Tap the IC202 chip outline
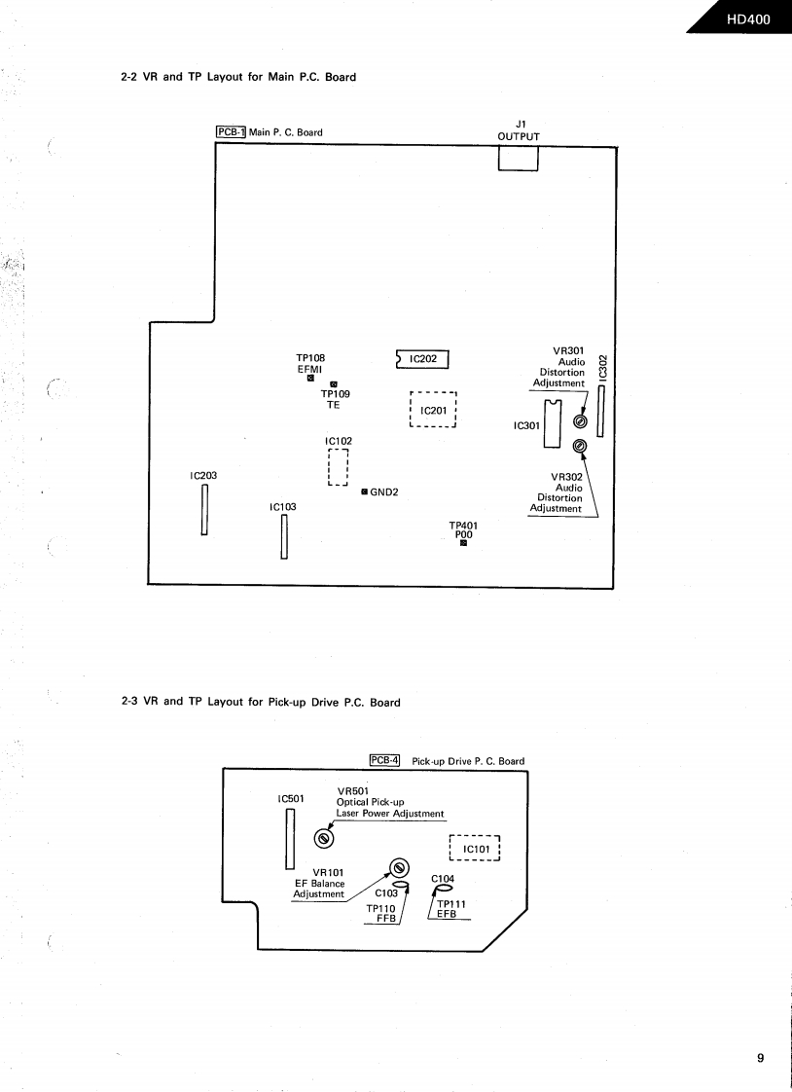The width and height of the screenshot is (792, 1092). (x=426, y=359)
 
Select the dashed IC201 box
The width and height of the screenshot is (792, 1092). (x=433, y=410)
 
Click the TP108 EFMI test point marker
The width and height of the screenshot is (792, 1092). (x=310, y=379)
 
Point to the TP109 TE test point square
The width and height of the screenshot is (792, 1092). (x=334, y=384)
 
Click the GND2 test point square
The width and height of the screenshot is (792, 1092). (x=364, y=491)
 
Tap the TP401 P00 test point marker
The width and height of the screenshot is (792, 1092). (x=464, y=543)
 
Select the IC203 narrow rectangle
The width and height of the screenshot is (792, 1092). (x=205, y=509)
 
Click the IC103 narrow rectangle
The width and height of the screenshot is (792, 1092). (x=284, y=536)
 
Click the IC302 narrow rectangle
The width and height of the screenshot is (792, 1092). (x=601, y=411)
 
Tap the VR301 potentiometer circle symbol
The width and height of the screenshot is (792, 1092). (x=580, y=422)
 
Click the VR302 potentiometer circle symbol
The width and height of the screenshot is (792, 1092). (x=580, y=446)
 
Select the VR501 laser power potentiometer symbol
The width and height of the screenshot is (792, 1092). (x=324, y=838)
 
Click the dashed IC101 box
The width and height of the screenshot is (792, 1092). (x=474, y=849)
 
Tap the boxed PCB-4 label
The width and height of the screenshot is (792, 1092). (x=385, y=760)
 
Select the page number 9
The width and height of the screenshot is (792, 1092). (x=760, y=1058)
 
